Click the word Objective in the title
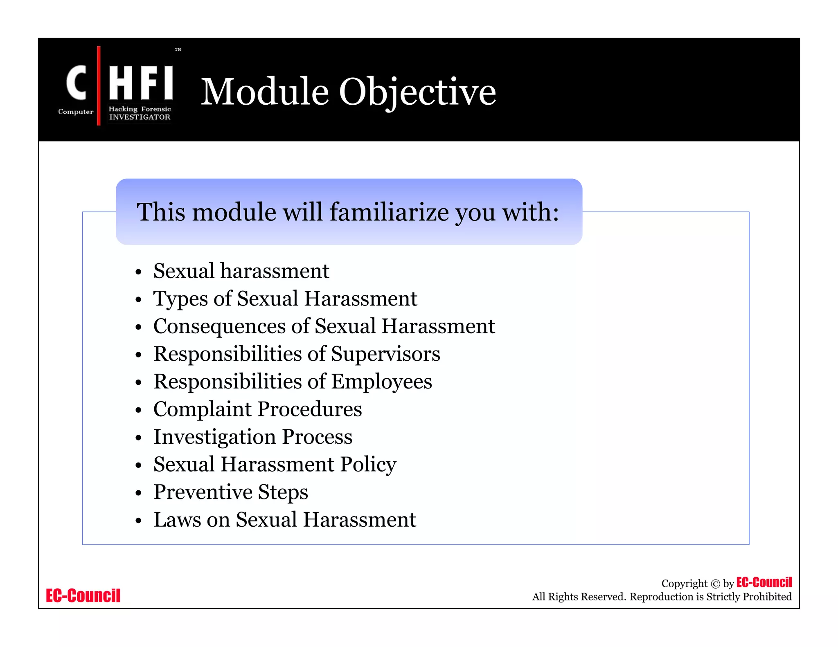pos(417,92)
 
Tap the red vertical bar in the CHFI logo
pos(99,85)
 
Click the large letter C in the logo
pos(77,83)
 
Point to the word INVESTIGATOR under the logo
pos(140,117)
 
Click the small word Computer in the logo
pos(76,112)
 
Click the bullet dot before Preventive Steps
pos(138,493)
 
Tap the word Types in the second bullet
pos(180,299)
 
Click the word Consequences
pos(219,326)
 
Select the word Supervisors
pos(385,354)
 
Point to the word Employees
pos(381,382)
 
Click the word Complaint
pos(202,409)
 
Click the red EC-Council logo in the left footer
pos(83,595)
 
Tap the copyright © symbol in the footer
pos(715,584)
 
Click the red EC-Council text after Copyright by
pos(764,582)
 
